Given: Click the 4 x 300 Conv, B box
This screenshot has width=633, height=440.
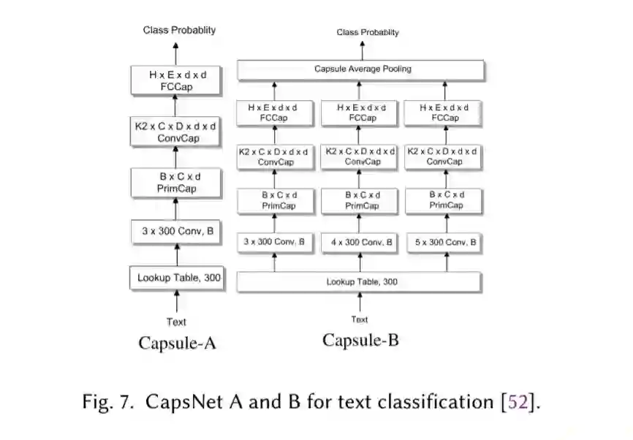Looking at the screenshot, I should click(359, 242).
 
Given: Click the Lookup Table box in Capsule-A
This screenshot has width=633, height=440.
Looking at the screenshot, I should click(177, 278).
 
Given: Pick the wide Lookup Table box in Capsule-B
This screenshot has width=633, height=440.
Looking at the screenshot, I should click(359, 281).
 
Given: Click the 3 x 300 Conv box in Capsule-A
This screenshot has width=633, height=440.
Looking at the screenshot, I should click(177, 232).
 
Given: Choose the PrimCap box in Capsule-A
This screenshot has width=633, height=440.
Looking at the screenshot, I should click(177, 183).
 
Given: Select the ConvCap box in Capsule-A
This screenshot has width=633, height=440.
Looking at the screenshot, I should click(175, 132).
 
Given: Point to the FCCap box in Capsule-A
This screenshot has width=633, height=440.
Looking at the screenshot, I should click(175, 80).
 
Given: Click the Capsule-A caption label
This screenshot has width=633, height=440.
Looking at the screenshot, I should click(177, 343).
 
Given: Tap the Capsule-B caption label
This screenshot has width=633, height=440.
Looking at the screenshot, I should click(360, 340).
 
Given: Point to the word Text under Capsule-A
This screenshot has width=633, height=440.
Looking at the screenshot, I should click(176, 322).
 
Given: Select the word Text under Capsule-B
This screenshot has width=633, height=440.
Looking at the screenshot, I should click(359, 319).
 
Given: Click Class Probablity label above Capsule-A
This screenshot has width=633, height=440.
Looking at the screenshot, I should click(179, 30).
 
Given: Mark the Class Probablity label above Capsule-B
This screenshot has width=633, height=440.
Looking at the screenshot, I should click(368, 32).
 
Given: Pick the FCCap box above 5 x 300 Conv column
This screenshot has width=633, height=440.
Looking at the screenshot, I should click(444, 113).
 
